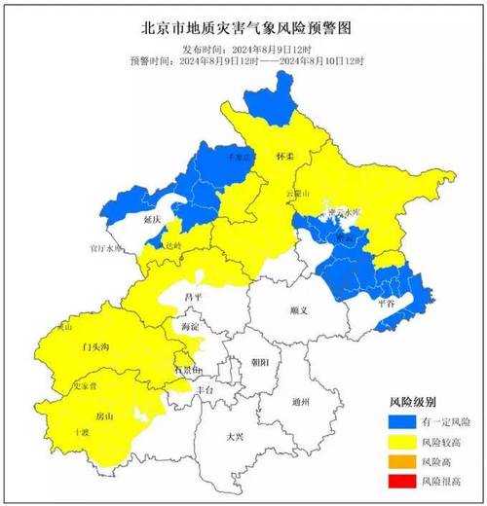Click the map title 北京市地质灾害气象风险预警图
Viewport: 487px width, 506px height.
click(x=243, y=28)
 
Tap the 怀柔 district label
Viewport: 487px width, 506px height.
click(x=284, y=156)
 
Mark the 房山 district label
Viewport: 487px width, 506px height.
click(x=103, y=416)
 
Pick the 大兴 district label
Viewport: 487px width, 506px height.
click(x=235, y=437)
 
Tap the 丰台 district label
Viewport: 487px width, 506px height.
click(x=205, y=388)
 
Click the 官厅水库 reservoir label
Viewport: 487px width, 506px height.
click(x=107, y=248)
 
